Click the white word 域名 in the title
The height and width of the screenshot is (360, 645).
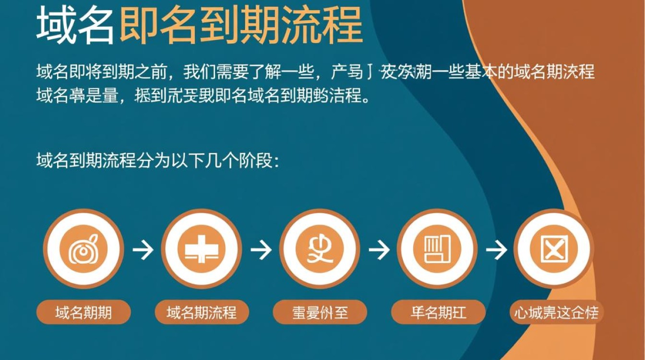point(75,25)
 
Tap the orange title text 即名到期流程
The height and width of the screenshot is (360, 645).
point(240,25)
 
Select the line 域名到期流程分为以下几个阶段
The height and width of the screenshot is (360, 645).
point(155,160)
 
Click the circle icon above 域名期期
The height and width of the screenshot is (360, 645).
point(84,250)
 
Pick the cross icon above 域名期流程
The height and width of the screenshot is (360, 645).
point(202,250)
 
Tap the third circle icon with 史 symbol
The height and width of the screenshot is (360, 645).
point(320,250)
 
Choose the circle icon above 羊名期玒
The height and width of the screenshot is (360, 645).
point(437,250)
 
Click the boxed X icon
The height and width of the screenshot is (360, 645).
point(554,250)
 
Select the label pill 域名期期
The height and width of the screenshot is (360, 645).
point(84,313)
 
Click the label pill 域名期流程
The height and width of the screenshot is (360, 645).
point(202,313)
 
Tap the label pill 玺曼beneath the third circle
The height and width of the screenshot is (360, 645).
point(320,313)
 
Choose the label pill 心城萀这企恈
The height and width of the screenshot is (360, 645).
point(556,313)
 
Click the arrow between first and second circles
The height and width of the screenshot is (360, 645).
point(143,250)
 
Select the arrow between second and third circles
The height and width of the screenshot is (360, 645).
point(261,250)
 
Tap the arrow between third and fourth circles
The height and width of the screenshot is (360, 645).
point(379,250)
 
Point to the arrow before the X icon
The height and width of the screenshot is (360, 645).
point(496,250)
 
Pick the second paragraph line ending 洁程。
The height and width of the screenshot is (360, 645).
point(203,96)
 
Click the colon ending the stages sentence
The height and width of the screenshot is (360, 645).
point(275,161)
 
